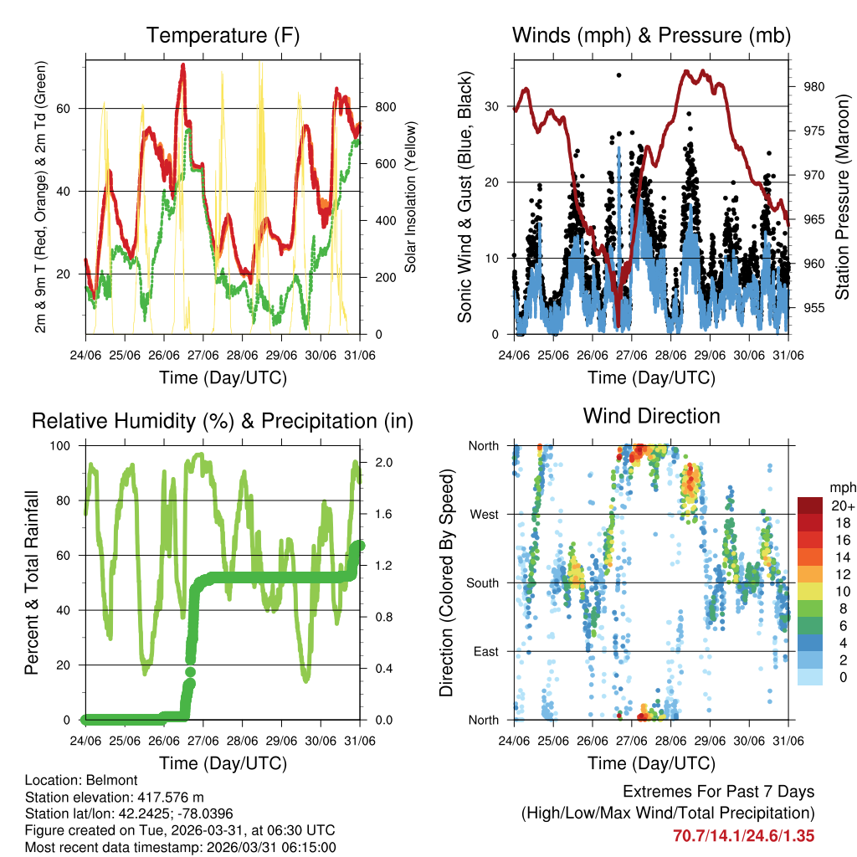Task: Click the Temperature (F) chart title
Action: pos(223,36)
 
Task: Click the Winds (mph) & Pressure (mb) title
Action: pos(651,36)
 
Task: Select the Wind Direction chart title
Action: pos(651,416)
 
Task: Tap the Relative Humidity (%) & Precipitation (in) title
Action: pos(223,421)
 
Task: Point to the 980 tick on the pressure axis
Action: pos(814,86)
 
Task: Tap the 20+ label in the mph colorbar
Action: pos(841,505)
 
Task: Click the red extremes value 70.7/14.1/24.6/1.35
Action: pos(743,835)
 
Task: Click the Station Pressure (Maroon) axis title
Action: pos(843,197)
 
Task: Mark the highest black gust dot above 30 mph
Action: pos(618,75)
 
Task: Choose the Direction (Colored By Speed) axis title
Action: pos(446,582)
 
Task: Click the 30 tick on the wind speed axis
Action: pos(495,106)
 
